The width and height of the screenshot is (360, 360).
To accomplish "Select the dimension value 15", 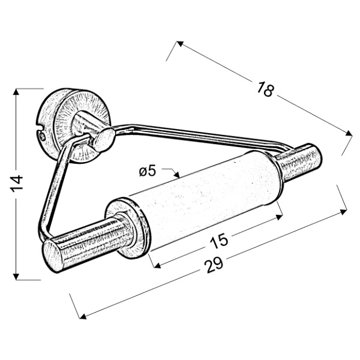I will pyautogui.click(x=219, y=241).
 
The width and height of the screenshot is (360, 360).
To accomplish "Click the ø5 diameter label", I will pyautogui.click(x=147, y=172).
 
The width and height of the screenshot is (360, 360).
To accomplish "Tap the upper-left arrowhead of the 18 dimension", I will pyautogui.click(x=179, y=44).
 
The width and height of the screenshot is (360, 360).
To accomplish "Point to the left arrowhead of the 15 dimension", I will pyautogui.click(x=152, y=264).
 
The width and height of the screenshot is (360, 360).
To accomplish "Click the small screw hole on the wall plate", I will pyautogui.click(x=41, y=137).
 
